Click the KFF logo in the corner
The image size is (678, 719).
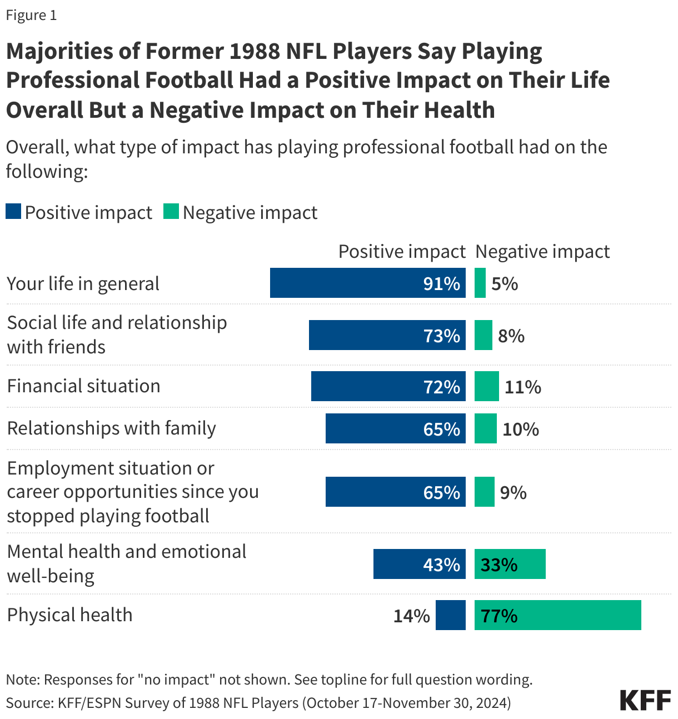645,700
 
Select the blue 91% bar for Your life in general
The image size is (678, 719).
367,283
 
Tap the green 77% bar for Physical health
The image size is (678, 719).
557,615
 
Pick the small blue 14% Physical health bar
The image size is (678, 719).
450,615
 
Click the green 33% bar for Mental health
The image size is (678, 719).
510,564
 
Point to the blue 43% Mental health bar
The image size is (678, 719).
419,564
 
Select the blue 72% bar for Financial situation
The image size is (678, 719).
388,386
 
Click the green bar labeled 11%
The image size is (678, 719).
486,386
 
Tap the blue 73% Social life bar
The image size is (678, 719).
387,335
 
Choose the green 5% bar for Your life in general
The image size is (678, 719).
480,283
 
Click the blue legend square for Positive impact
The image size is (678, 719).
13,212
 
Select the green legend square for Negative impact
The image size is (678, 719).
171,212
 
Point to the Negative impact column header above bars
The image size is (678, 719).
542,252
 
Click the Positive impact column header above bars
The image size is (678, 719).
401,252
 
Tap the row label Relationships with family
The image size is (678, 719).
111,428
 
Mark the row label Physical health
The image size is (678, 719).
69,615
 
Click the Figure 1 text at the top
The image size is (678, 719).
31,15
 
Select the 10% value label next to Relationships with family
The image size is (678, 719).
521,429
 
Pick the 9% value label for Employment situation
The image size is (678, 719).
513,492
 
